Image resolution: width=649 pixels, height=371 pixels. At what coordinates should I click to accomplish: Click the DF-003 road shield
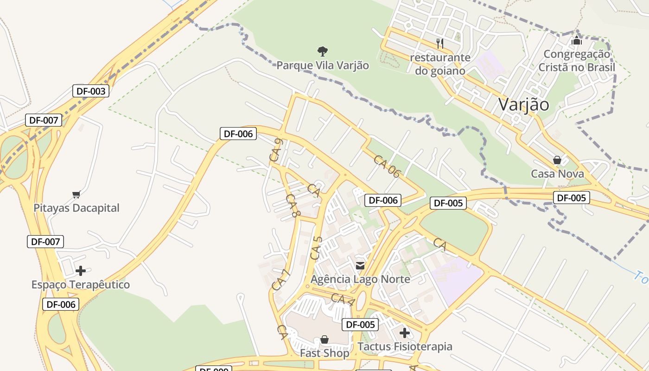pos(91,91)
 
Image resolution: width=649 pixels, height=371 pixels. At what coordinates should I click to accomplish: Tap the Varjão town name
pos(523,104)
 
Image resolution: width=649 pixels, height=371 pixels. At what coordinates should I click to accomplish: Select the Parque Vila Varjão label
pos(323,65)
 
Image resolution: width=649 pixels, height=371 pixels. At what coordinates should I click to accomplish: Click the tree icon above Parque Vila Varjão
pos(323,51)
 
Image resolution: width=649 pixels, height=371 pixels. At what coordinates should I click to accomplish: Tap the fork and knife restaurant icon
pos(440,44)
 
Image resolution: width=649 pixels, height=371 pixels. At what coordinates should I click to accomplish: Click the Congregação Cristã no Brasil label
pos(577,61)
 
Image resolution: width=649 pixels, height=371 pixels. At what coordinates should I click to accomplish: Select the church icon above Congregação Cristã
pos(577,40)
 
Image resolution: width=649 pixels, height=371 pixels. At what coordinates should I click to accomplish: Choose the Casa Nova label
pos(557,174)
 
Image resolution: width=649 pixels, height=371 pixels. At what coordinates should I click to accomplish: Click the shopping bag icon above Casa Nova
pos(557,160)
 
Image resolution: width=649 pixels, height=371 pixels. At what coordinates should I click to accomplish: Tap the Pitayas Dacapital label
pos(76,208)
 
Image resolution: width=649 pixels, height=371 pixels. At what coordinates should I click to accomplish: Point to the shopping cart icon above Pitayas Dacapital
pos(76,194)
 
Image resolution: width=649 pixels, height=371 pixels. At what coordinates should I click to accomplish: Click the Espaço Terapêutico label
pos(81,285)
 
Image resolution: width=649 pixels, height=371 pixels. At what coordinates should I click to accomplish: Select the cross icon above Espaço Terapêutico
pos(81,270)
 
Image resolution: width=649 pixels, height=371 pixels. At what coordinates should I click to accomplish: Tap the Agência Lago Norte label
pos(360,279)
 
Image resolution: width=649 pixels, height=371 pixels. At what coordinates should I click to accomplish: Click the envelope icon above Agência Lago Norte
pos(360,266)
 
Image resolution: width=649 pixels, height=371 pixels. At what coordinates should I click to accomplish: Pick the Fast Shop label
pos(324,353)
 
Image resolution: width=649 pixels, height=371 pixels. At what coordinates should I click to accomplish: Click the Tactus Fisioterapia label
pos(405,347)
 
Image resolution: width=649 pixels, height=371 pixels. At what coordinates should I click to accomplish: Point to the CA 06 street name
pos(387,166)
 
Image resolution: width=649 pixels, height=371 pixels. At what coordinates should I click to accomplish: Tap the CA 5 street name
pos(316,248)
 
